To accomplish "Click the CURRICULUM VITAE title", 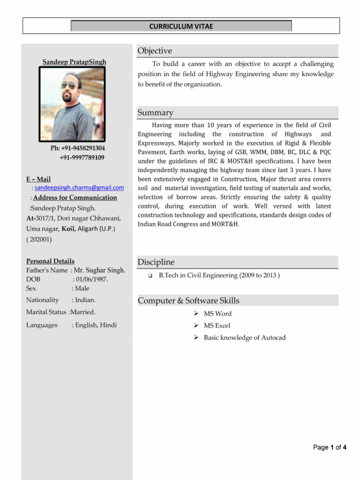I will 181,26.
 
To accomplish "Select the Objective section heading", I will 155,51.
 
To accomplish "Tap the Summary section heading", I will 155,112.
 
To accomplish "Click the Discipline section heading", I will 156,262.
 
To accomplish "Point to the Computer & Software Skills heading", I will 188,300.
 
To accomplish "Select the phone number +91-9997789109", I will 82,157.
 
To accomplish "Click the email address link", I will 79,187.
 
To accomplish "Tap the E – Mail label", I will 38,179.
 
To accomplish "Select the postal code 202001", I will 39,239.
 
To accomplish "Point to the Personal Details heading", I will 50,261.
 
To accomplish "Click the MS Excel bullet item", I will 217,325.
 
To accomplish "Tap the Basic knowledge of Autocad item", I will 244,337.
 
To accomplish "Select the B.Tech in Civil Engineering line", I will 219,276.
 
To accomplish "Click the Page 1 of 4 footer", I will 330,447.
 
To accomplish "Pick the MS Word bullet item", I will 217,314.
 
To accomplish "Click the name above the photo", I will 75,62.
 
